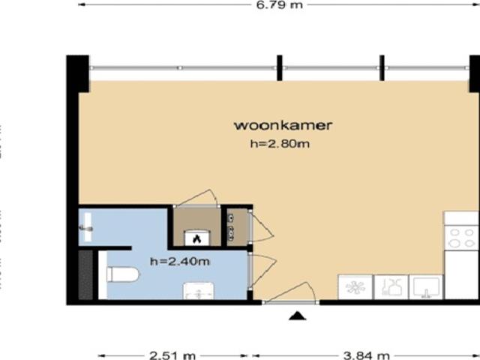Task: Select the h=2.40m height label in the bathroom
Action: (179, 262)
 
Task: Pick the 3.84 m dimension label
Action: (366, 355)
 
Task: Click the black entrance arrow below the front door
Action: (298, 316)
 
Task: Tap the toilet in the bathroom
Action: (121, 274)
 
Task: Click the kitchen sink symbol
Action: (426, 286)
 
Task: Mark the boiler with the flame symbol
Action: (196, 236)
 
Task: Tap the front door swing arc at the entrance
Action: (293, 291)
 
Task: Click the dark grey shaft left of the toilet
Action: (85, 274)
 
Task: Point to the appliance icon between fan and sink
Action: (391, 286)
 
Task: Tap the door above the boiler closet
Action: (196, 198)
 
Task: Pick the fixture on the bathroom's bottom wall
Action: (199, 291)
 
